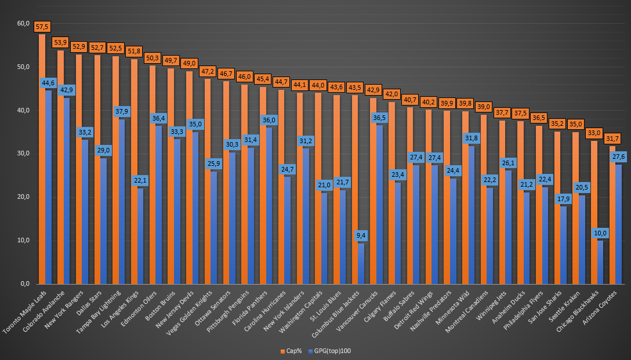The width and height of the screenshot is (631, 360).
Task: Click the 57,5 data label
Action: point(42,27)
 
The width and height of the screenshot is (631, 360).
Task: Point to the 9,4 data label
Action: point(361,236)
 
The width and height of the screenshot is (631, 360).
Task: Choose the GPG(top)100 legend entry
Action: point(332,351)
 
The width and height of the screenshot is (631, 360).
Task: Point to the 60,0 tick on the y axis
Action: point(23,24)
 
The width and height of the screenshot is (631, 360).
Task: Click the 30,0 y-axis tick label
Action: point(23,154)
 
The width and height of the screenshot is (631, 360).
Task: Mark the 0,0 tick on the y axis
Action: point(25,284)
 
